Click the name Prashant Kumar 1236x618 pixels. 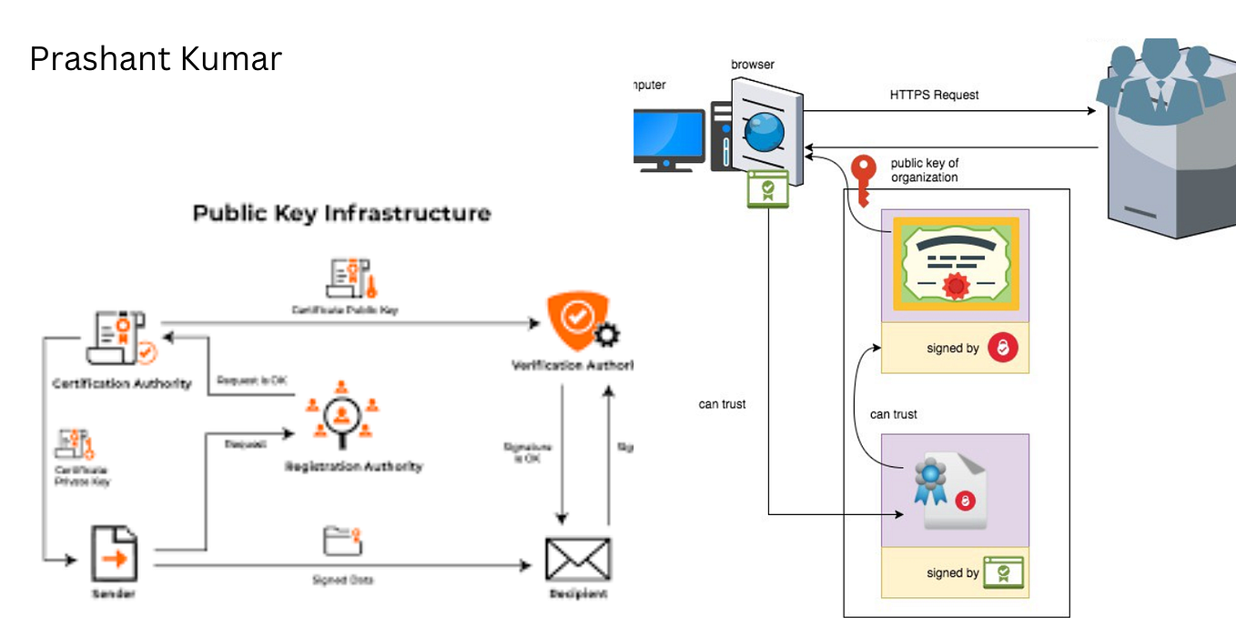coord(156,59)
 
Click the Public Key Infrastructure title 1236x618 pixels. coord(341,214)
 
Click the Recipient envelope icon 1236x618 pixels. coord(577,559)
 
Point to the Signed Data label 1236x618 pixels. coord(342,581)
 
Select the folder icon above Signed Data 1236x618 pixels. coord(343,542)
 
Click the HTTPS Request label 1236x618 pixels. coord(934,95)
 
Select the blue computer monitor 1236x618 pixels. coord(669,139)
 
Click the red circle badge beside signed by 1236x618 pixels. coord(1003,348)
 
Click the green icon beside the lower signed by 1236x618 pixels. coord(1003,572)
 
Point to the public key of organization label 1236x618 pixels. coord(924,170)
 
